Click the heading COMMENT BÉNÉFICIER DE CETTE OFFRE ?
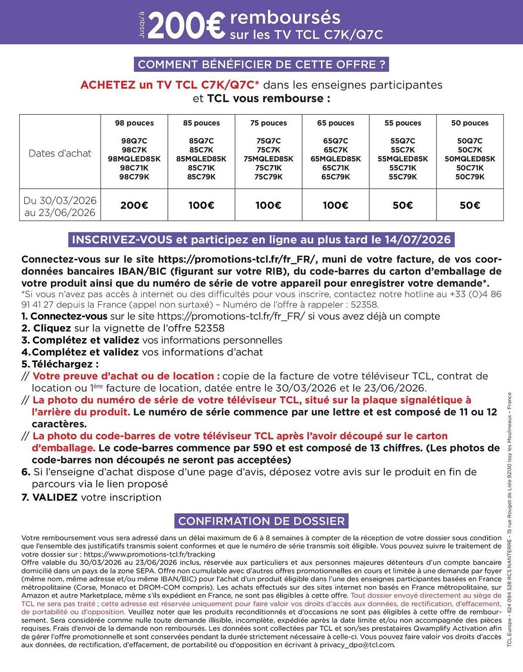(261, 65)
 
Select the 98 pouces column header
(134, 123)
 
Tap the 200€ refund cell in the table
(134, 205)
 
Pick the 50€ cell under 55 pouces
(403, 205)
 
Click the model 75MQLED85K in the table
(268, 159)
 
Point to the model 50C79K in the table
(470, 177)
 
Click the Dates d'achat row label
(60, 153)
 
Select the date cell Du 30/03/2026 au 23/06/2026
(60, 206)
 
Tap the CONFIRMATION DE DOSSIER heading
(261, 521)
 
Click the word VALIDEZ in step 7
(55, 497)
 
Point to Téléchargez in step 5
(65, 364)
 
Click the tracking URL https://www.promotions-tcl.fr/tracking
(149, 554)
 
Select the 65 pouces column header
(336, 123)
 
